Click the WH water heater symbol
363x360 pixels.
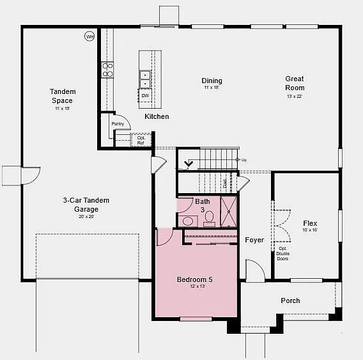[89, 37]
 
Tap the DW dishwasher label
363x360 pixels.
[146, 95]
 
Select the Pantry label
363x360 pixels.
[118, 123]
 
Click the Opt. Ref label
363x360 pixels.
[141, 140]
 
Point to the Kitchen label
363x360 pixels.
[157, 116]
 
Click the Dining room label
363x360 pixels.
[212, 81]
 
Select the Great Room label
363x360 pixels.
[295, 83]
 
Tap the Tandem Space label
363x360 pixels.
[62, 96]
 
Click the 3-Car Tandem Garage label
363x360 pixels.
[86, 205]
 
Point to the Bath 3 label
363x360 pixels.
[203, 205]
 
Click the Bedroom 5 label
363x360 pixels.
[194, 279]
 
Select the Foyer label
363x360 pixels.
[254, 240]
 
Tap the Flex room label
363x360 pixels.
[310, 224]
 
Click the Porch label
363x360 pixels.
[290, 301]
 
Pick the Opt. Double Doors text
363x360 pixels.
[282, 253]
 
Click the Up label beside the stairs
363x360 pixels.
[244, 159]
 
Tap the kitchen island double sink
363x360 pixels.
[145, 79]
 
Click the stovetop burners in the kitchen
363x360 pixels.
[108, 70]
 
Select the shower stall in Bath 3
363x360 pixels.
[229, 212]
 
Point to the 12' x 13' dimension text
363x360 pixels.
[195, 286]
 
